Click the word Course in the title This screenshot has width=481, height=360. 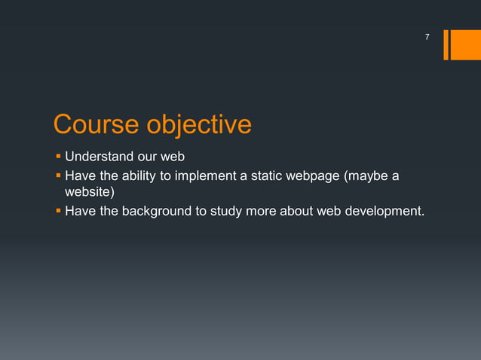pyautogui.click(x=96, y=124)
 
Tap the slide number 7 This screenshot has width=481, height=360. pyautogui.click(x=427, y=37)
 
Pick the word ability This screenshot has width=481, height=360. pyautogui.click(x=141, y=177)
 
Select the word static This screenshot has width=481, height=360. pyautogui.click(x=269, y=177)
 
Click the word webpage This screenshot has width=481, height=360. pyautogui.click(x=314, y=177)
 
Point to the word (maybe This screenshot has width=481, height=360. pyautogui.click(x=367, y=177)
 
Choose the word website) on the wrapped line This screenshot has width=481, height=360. pyautogui.click(x=89, y=194)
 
